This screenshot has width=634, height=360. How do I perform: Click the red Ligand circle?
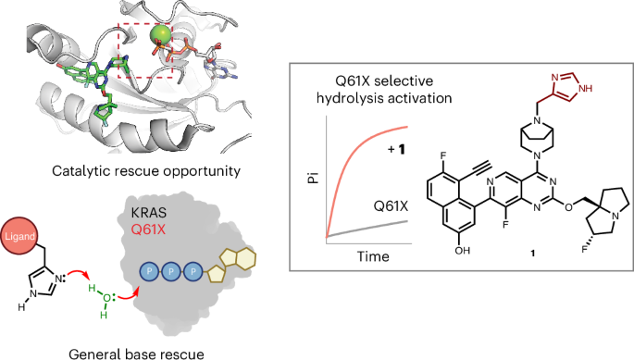pos(19,236)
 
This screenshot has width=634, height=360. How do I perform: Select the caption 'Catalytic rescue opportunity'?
pos(146,171)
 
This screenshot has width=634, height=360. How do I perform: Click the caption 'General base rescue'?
pos(136,354)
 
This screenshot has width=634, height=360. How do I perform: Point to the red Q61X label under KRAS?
pos(148,230)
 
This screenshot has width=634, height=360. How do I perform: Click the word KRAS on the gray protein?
pos(148,213)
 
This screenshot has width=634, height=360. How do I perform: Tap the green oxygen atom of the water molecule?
pos(106,299)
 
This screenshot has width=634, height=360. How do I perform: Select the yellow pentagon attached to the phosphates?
pos(216,273)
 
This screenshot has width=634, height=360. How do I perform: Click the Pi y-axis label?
pos(314,178)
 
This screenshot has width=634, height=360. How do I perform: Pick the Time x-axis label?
pos(373,256)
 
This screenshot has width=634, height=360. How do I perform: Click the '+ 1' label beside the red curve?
pos(397,150)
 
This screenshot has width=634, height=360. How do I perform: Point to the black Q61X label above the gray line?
pos(391,206)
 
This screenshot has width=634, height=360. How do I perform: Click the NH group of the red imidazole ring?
pos(585,88)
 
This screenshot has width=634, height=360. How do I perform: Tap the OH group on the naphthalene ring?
pos(462,251)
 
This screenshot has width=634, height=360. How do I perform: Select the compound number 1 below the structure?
pos(533,254)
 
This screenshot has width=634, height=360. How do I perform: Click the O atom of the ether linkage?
pos(569,207)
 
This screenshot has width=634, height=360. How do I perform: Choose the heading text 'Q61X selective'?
pos(384,81)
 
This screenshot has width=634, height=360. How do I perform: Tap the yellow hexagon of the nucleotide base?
pos(243,257)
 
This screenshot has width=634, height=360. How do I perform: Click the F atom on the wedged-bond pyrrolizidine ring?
pos(584,250)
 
